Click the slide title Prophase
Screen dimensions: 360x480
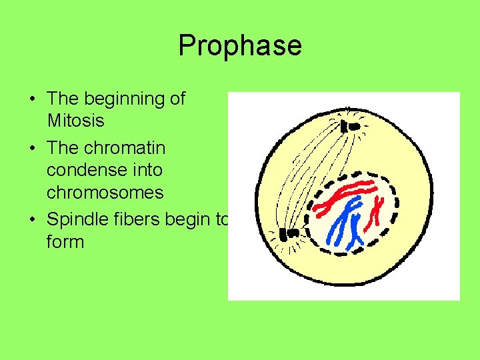pos(240,45)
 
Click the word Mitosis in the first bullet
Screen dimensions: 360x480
pos(75,121)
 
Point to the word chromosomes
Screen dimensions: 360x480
pos(105,193)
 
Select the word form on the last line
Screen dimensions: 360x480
pos(65,241)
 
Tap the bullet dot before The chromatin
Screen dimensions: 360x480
pos(33,147)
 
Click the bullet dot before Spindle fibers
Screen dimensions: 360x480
pos(33,218)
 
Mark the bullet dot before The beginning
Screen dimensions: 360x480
pos(33,99)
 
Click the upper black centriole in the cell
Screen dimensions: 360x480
pos(349,126)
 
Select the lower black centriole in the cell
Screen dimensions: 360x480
pos(289,234)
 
